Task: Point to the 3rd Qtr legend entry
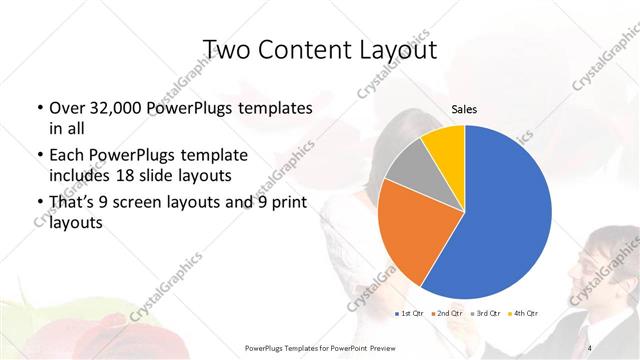pyautogui.click(x=485, y=314)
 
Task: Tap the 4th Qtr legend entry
pyautogui.click(x=524, y=314)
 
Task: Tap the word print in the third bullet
pyautogui.click(x=289, y=202)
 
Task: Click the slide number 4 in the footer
pyautogui.click(x=591, y=347)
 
